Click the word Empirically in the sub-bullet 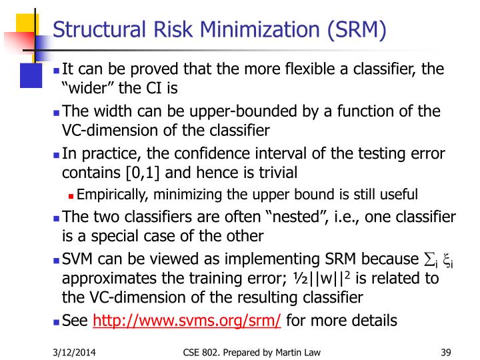click(111, 195)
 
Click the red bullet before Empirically click(71, 195)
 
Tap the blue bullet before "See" click(56, 321)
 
